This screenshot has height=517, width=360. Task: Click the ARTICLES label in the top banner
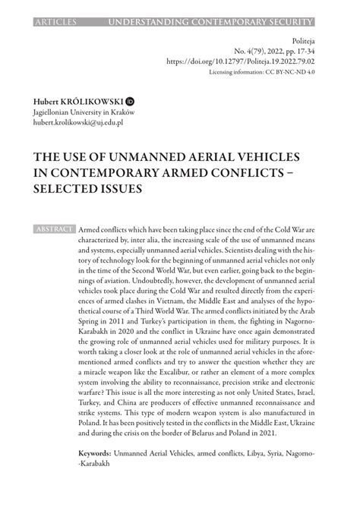(x=55, y=7)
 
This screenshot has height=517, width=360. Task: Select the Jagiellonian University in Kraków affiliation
(x=83, y=111)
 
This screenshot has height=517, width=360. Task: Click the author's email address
(x=77, y=121)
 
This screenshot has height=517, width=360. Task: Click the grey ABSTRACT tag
(x=54, y=229)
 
